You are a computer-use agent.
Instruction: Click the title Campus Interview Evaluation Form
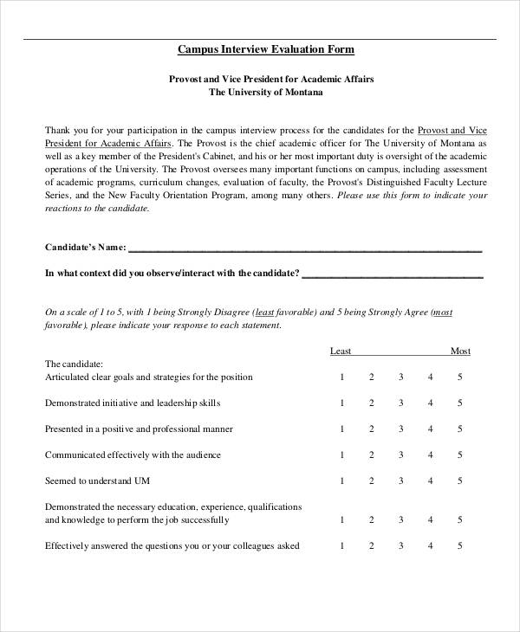[x=266, y=49]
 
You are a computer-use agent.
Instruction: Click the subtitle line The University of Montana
[x=266, y=91]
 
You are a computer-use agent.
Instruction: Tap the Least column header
[x=341, y=351]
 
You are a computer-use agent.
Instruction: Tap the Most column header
[x=460, y=351]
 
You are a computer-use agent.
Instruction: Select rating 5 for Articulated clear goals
[x=460, y=377]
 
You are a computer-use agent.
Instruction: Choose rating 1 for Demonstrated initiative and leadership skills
[x=342, y=403]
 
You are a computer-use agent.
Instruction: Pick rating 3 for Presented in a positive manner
[x=401, y=429]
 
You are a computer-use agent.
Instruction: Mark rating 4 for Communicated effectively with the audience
[x=431, y=455]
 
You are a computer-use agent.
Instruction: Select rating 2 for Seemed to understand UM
[x=372, y=481]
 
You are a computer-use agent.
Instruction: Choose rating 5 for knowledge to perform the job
[x=460, y=520]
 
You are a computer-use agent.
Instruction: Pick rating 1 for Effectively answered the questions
[x=342, y=546]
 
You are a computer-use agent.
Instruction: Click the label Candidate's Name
[x=85, y=248]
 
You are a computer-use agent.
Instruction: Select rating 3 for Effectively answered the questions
[x=401, y=546]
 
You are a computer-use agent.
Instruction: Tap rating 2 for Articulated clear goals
[x=372, y=377]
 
